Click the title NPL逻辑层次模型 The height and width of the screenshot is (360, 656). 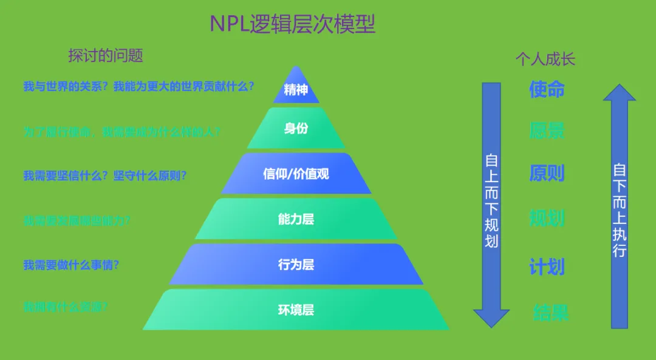tap(293, 24)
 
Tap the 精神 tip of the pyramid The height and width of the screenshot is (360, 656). tap(296, 90)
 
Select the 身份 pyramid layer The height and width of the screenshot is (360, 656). tap(296, 129)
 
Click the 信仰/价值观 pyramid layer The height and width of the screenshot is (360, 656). tap(296, 174)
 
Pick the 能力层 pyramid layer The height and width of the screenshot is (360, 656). tap(296, 219)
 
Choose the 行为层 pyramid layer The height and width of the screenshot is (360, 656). tap(296, 265)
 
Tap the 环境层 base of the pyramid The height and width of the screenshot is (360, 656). tap(296, 310)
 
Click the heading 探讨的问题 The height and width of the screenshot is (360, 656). tap(106, 56)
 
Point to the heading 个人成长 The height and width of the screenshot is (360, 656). tap(545, 59)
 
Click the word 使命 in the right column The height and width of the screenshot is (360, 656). tap(547, 89)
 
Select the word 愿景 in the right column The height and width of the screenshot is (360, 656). tap(547, 131)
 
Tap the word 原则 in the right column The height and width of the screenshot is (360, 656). tap(547, 173)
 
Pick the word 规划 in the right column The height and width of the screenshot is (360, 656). tap(547, 218)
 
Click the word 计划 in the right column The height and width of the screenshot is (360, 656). tap(547, 267)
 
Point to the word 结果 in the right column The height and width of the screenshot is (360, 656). tap(551, 313)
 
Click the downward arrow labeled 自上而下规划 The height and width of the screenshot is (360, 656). tap(491, 203)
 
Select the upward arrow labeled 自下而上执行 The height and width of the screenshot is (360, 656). tap(619, 206)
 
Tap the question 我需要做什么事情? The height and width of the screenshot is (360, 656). tap(71, 265)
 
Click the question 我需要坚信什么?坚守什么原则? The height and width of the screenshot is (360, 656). tap(105, 175)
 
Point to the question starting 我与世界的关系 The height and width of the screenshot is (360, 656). tap(138, 86)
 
